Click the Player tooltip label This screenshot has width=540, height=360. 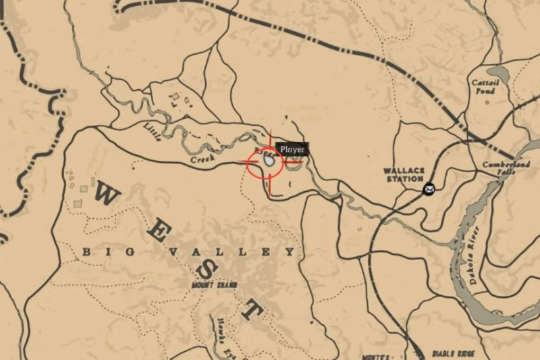292,149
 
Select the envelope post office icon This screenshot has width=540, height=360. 429,190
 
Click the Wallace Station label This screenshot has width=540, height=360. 404,174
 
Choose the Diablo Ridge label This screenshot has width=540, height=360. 454,353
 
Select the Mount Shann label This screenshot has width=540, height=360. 214,285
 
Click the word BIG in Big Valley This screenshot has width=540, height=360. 97,252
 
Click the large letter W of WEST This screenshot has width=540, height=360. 108,196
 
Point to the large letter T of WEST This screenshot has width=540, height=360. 251,311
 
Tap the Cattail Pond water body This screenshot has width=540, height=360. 499,72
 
